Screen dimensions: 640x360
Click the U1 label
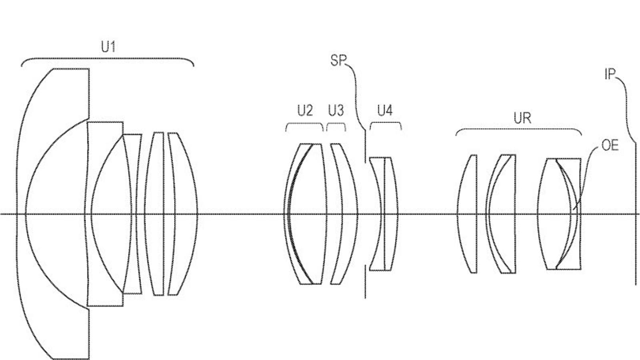tap(108, 47)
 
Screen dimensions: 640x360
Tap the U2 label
tap(305, 110)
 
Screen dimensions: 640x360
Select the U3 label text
tap(336, 110)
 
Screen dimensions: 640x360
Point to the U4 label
tap(385, 110)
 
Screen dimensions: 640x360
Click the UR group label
tap(522, 118)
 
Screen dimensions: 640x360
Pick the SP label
tap(338, 60)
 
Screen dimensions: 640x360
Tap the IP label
tap(610, 74)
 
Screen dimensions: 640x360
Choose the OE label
tap(610, 146)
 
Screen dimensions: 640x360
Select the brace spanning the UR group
tap(519, 129)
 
